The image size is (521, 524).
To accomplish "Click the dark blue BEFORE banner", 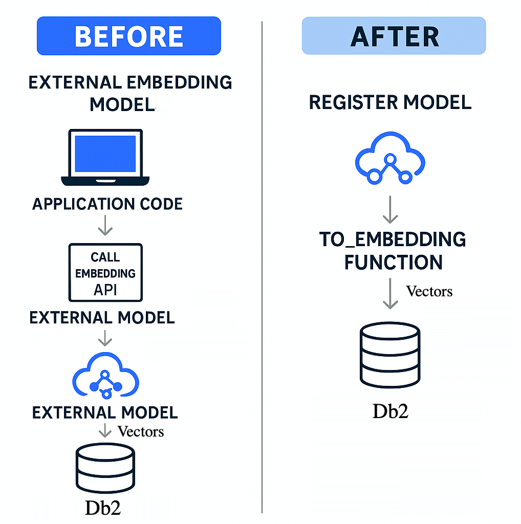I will click(x=128, y=36).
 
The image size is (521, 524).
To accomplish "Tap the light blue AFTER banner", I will click(x=394, y=36).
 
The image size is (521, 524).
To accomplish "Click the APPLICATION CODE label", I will click(x=107, y=204).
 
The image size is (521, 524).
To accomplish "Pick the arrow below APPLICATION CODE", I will click(x=105, y=225).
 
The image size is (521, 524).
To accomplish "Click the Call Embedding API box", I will click(x=105, y=273).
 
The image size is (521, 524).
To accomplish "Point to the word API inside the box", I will click(x=105, y=290).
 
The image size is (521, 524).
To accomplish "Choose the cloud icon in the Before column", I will click(x=105, y=377).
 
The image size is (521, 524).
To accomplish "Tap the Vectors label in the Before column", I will click(x=141, y=431).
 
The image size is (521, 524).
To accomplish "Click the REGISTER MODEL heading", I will click(x=390, y=102).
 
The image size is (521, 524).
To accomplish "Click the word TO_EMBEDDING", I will click(x=393, y=239).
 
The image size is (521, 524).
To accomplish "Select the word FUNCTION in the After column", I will click(x=393, y=263).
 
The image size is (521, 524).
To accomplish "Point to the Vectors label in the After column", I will click(x=429, y=291).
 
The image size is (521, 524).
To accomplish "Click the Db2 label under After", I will click(x=390, y=411).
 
